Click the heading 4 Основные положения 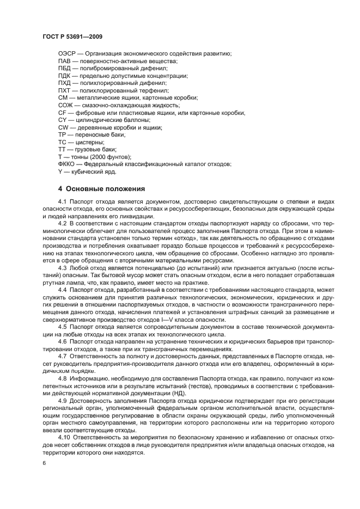(101, 189)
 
